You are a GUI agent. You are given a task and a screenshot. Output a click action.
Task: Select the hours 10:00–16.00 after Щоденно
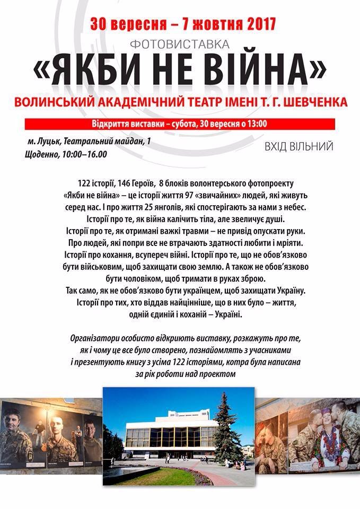[x=84, y=155]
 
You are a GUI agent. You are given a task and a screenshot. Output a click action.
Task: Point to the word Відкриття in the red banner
[x=110, y=124]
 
